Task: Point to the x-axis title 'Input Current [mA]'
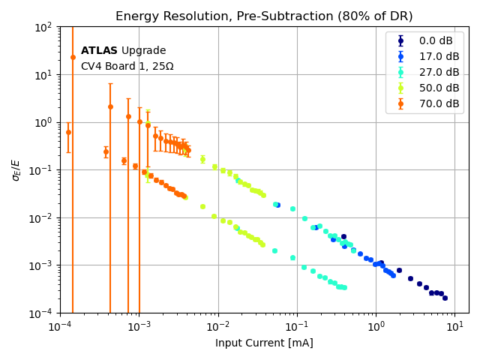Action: click(264, 343)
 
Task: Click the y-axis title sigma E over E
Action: click(16, 169)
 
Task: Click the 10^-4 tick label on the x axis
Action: click(60, 325)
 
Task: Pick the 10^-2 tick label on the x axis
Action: click(218, 325)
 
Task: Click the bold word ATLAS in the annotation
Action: click(99, 51)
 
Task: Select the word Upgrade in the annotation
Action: click(144, 51)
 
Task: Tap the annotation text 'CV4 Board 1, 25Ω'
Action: click(127, 67)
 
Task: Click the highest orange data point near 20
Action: click(73, 57)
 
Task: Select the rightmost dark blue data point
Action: click(445, 298)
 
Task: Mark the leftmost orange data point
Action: click(68, 133)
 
